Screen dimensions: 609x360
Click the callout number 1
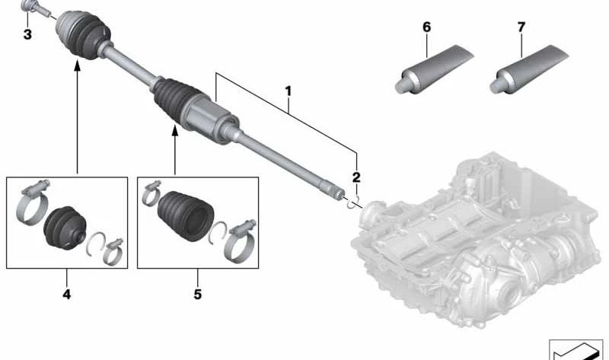click(288, 91)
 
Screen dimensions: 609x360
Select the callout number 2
click(356, 177)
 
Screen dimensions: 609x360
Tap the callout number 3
click(27, 34)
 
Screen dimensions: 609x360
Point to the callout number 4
click(67, 295)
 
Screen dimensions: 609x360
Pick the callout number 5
click(198, 295)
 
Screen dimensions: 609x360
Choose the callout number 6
click(426, 27)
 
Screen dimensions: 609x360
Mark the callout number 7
click(521, 27)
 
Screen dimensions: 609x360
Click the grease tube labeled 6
click(434, 69)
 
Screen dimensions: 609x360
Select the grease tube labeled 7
click(529, 69)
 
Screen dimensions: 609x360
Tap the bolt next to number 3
click(34, 8)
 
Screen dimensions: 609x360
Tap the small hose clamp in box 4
click(113, 251)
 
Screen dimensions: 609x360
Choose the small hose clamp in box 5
click(151, 193)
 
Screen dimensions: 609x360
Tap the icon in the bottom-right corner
click(576, 349)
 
